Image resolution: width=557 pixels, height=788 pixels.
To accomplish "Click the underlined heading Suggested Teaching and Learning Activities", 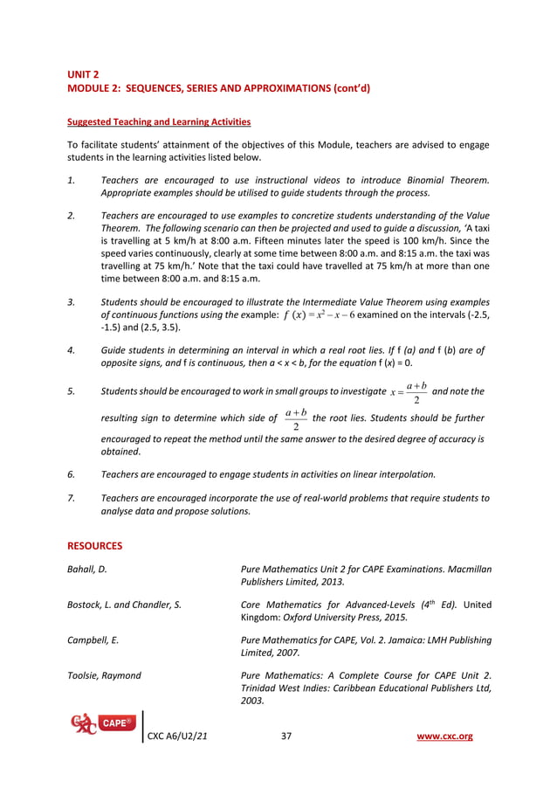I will click(159, 121).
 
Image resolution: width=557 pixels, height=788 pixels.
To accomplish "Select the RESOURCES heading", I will click(94, 546).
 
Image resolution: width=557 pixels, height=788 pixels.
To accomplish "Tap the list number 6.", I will click(71, 474).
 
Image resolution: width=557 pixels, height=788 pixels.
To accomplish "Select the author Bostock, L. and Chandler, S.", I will click(124, 605).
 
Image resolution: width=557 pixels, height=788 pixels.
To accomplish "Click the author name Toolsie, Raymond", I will click(104, 675).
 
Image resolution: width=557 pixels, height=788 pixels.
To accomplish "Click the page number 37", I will click(286, 736).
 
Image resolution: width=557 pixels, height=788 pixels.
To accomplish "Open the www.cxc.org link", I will click(446, 736).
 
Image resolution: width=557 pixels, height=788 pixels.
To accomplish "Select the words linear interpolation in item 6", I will click(392, 474).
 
